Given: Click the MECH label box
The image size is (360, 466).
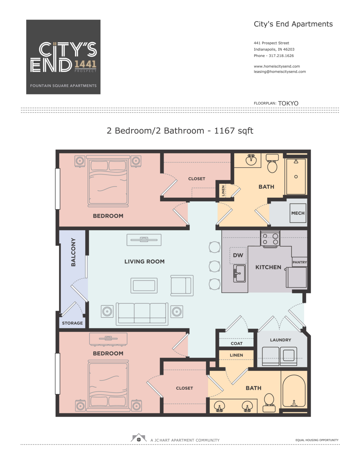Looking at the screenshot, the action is [298, 213].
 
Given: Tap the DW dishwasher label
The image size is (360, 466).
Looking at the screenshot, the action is [238, 255].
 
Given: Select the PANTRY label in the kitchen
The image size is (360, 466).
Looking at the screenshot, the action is [299, 262].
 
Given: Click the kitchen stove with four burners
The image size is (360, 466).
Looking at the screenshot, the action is [270, 239].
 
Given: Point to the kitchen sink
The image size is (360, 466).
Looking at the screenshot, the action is [239, 273].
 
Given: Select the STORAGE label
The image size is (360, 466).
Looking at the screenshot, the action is [72, 323].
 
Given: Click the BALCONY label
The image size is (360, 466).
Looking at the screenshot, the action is [73, 252].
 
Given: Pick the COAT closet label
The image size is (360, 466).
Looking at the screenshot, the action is [236, 343].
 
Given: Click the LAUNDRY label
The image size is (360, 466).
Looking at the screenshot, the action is [280, 340].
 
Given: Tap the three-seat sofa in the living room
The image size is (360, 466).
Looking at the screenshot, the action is [142, 314].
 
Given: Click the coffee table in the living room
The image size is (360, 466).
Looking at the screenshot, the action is [144, 285].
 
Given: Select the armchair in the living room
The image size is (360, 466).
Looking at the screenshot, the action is [182, 285].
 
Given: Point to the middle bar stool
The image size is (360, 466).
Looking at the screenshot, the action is [214, 266].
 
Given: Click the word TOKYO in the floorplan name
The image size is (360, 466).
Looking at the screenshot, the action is [288, 103].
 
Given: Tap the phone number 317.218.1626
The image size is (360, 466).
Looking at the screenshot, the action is [281, 56].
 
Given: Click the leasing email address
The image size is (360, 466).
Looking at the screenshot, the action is [280, 72].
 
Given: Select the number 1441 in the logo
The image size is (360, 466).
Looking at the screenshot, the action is [85, 64].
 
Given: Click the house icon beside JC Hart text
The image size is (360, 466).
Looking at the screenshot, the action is [139, 437].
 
